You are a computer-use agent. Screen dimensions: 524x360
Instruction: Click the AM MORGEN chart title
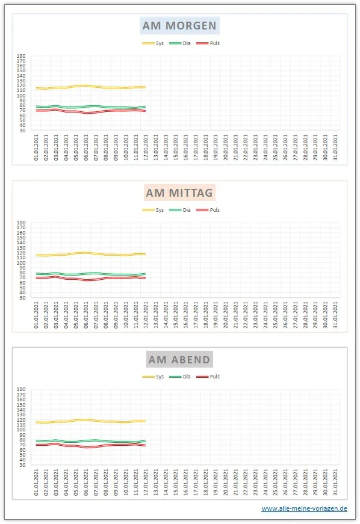[x=180, y=26]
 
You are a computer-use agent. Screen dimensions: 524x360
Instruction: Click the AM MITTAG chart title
[x=180, y=193]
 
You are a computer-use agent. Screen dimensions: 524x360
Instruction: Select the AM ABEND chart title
[x=180, y=360]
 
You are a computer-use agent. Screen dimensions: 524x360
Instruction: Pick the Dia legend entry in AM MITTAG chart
[x=181, y=210]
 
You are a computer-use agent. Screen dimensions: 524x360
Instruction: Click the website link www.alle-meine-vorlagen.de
[x=304, y=508]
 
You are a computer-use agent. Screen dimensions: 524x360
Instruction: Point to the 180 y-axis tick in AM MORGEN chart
[x=21, y=57]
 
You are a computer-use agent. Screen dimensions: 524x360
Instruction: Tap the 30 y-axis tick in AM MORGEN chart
[x=22, y=131]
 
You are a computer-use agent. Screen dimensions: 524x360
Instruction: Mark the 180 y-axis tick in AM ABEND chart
[x=21, y=390]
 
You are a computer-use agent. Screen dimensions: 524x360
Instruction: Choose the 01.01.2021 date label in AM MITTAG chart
[x=37, y=313]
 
